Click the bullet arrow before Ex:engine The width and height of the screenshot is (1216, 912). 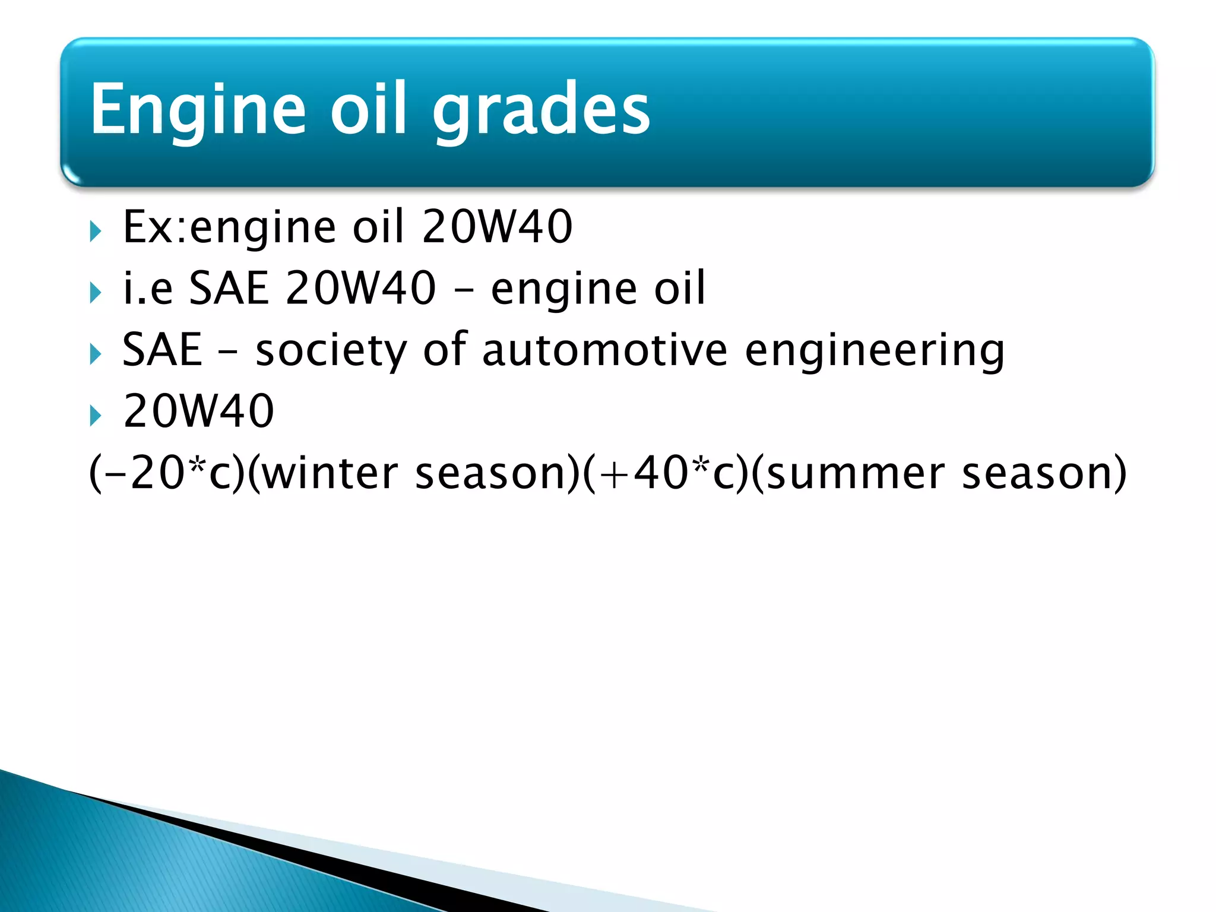[x=96, y=231]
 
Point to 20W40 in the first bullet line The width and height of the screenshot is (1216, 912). [x=497, y=227]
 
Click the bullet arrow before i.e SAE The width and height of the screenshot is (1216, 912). [x=96, y=292]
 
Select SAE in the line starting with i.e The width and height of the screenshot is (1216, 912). [x=229, y=289]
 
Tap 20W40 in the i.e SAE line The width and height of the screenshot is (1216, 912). [x=360, y=289]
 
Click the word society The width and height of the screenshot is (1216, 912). [x=331, y=350]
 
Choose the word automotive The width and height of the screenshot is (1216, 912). [x=604, y=350]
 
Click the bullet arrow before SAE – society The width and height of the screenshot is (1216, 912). [x=96, y=354]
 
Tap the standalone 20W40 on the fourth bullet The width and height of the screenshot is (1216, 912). [x=199, y=411]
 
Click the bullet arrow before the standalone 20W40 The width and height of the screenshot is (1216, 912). [x=96, y=416]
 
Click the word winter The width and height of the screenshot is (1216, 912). [x=330, y=473]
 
